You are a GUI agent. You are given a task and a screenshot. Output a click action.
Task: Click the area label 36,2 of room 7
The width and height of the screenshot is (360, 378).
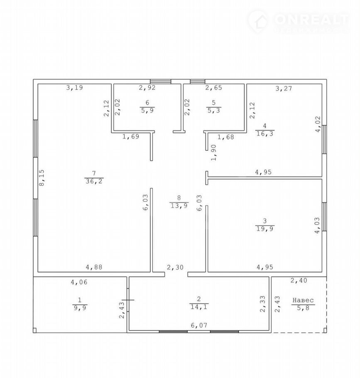[94, 181]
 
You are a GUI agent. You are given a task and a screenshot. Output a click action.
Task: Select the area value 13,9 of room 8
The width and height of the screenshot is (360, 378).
[179, 206]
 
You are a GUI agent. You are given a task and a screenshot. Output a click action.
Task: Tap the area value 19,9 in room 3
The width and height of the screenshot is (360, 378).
[265, 228]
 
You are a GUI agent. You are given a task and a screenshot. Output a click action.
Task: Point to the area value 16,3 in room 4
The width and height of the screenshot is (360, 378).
[265, 134]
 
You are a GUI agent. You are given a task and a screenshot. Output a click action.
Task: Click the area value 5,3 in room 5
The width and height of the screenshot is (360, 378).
[213, 110]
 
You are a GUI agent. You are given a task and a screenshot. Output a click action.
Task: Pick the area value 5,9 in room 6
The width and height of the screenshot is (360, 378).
[147, 110]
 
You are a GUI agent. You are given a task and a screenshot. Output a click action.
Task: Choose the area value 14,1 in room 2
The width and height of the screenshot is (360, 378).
[199, 307]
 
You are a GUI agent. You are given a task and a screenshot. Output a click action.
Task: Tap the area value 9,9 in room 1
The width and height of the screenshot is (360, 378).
[80, 308]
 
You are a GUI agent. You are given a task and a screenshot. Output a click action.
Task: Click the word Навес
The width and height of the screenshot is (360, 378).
[303, 300]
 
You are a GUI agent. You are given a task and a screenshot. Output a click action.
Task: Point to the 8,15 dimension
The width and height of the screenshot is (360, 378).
[42, 178]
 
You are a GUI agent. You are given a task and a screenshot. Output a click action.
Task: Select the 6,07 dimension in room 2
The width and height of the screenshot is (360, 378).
[199, 325]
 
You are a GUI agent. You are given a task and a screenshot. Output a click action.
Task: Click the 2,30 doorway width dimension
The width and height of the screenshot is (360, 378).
[175, 268]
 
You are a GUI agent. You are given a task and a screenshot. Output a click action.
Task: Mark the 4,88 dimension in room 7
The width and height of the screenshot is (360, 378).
[94, 267]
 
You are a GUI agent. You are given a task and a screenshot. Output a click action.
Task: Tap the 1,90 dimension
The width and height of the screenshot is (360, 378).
[213, 152]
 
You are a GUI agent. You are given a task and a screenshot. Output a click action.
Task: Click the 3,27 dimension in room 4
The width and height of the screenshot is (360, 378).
[284, 88]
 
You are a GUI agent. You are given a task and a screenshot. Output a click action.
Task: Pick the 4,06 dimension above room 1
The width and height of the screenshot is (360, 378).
[79, 282]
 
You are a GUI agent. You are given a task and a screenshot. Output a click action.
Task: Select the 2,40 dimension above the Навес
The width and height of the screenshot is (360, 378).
[299, 280]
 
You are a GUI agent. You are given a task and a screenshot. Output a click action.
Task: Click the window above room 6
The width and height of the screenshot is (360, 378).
[160, 81]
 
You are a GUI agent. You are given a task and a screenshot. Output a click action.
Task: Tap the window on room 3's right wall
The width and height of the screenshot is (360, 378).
[324, 217]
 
